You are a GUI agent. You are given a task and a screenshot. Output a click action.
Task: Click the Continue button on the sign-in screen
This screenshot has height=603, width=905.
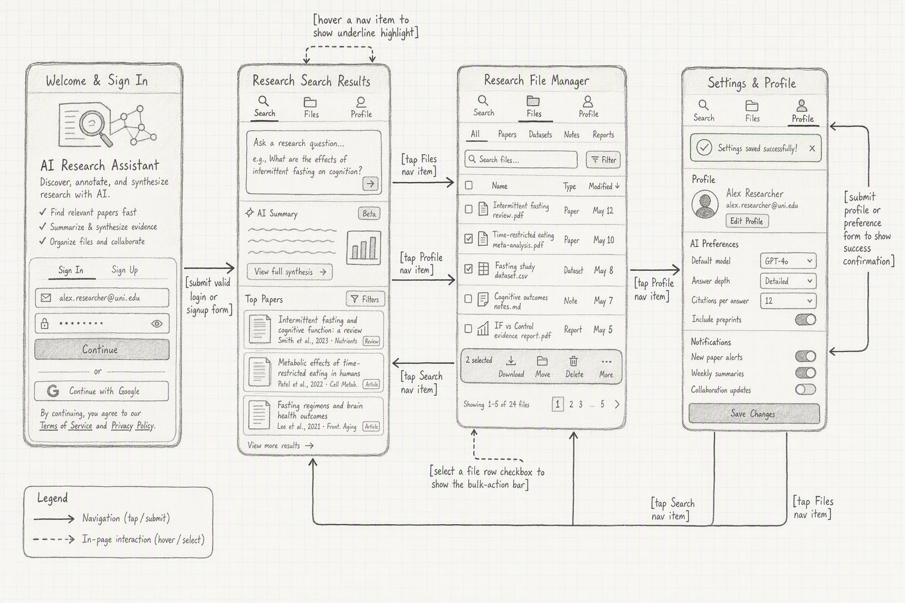(102, 349)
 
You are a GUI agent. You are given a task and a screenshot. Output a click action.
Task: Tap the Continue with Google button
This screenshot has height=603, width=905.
(101, 391)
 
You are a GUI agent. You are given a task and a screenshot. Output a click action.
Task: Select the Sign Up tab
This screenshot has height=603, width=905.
(125, 270)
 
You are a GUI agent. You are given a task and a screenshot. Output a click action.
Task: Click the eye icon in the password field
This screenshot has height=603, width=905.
(157, 323)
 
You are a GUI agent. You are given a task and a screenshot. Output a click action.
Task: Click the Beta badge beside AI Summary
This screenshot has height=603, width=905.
(369, 214)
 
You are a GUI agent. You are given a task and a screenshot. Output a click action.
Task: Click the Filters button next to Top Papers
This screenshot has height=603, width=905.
(365, 299)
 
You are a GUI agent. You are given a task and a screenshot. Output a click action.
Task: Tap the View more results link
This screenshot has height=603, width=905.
(280, 446)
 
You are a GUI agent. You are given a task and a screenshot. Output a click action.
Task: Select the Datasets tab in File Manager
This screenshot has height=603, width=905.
(540, 134)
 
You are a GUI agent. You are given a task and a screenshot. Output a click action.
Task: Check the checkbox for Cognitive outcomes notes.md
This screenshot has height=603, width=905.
(468, 299)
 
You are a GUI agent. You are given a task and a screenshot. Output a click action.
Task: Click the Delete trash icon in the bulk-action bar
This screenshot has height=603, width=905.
(574, 360)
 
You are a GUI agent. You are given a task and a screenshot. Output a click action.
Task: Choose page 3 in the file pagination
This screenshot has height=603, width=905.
(580, 405)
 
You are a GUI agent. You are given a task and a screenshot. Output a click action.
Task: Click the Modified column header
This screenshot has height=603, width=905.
(604, 186)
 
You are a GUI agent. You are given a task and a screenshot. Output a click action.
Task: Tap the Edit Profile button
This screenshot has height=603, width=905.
(747, 221)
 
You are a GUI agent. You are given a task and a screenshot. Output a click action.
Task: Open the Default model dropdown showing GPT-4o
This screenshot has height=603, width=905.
(788, 261)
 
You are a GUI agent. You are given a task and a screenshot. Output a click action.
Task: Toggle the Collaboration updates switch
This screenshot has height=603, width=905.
(805, 389)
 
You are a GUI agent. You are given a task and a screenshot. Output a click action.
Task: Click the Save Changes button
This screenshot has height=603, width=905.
(754, 413)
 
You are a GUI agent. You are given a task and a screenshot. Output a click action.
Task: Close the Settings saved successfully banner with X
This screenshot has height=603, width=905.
(812, 148)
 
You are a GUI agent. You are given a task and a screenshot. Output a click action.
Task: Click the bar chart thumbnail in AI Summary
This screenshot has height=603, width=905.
(364, 247)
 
